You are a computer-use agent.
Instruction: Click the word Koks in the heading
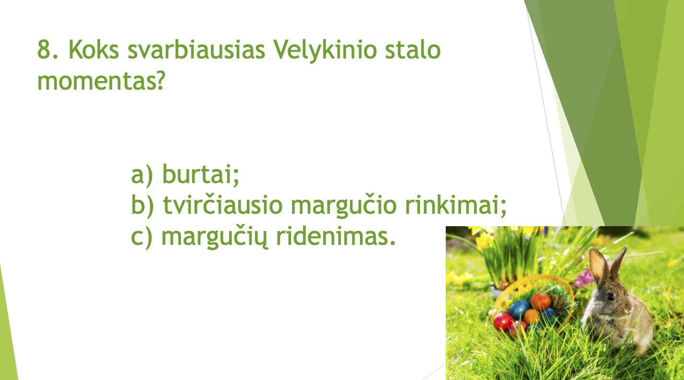pyautogui.click(x=93, y=49)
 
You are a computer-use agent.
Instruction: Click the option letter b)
pyautogui.click(x=142, y=205)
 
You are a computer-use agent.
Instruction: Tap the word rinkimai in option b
pyautogui.click(x=455, y=205)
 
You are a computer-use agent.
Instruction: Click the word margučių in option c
pyautogui.click(x=215, y=238)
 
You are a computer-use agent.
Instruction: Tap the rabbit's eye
pyautogui.click(x=610, y=297)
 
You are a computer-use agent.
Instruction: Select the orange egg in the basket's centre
pyautogui.click(x=532, y=317)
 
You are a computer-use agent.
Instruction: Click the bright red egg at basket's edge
pyautogui.click(x=503, y=322)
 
